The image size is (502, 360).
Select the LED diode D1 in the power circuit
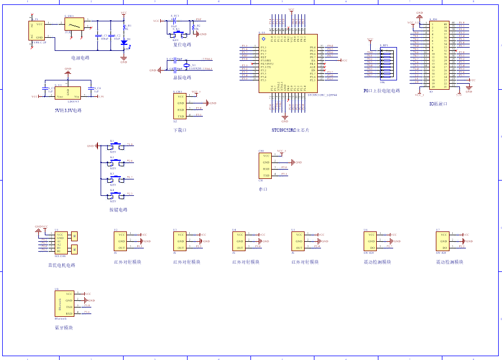click(124, 42)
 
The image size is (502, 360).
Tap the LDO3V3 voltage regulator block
click(68, 93)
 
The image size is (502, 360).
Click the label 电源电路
click(80, 57)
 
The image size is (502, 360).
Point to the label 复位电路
click(182, 44)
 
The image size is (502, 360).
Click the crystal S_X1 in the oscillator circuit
click(186, 66)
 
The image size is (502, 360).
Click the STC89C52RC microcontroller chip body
click(288, 63)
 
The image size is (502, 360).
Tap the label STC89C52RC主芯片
click(290, 130)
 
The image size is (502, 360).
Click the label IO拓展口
click(438, 103)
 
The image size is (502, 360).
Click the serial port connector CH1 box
click(266, 166)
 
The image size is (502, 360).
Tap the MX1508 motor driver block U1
click(61, 243)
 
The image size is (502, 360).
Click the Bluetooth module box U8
click(65, 304)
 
